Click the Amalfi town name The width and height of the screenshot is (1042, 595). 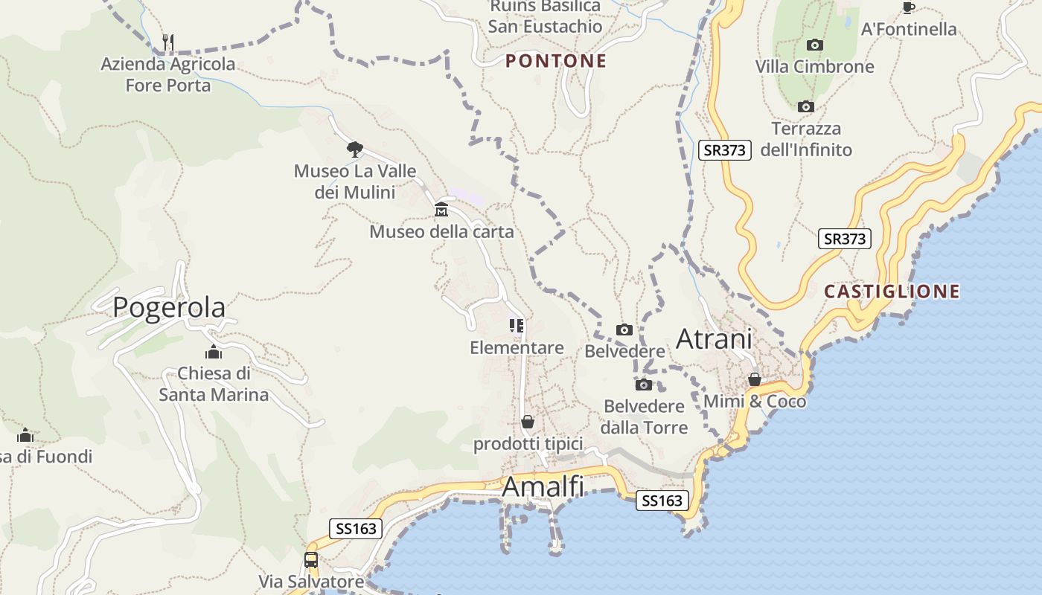(543, 487)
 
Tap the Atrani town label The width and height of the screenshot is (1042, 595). (713, 339)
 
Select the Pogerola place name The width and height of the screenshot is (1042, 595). (169, 307)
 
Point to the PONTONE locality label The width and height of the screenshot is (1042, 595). (556, 61)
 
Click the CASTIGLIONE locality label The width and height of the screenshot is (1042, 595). (892, 292)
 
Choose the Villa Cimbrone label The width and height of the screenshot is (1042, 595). (814, 67)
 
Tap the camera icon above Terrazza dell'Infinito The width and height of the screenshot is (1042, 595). (805, 107)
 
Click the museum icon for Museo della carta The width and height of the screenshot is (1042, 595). (441, 210)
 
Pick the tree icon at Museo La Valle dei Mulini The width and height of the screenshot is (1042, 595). (355, 149)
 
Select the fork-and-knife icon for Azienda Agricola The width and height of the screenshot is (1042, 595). (168, 42)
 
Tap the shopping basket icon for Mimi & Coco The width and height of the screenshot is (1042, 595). (755, 379)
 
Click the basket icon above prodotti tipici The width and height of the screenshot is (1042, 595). (528, 422)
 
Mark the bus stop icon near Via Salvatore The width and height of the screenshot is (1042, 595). (311, 560)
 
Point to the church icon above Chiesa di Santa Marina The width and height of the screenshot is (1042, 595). (214, 352)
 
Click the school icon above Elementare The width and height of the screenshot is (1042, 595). (517, 326)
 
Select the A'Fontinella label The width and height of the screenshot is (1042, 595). (908, 30)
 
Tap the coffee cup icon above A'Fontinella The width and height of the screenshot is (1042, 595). (908, 8)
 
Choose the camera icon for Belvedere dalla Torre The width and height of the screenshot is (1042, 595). (644, 385)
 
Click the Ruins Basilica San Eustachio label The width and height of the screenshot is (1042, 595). (545, 16)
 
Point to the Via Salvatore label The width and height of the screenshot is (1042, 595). (311, 581)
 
